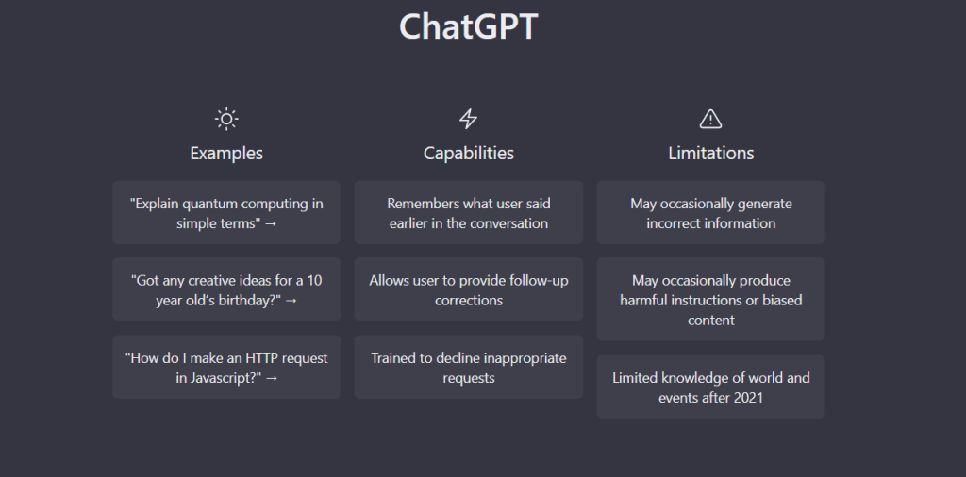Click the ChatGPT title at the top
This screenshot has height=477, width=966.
click(x=468, y=26)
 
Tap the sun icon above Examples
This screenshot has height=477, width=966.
click(x=226, y=119)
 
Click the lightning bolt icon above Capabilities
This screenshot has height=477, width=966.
click(x=468, y=119)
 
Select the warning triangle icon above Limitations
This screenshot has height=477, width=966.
click(x=710, y=119)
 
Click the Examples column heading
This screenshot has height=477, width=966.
click(x=226, y=153)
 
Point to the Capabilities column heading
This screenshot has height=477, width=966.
click(x=468, y=153)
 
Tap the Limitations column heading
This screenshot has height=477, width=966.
click(x=710, y=153)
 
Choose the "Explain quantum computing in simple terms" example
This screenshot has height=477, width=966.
click(x=226, y=213)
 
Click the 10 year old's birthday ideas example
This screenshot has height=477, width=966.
click(x=226, y=289)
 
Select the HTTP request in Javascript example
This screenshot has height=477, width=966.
click(x=226, y=367)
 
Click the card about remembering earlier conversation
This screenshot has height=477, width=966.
click(x=468, y=213)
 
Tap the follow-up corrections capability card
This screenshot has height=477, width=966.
click(x=468, y=289)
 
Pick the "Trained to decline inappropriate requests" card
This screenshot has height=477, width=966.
click(x=468, y=367)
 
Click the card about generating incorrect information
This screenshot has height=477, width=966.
click(x=710, y=213)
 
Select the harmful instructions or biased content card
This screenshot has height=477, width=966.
click(x=710, y=300)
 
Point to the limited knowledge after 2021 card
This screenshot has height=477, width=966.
click(x=710, y=387)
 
